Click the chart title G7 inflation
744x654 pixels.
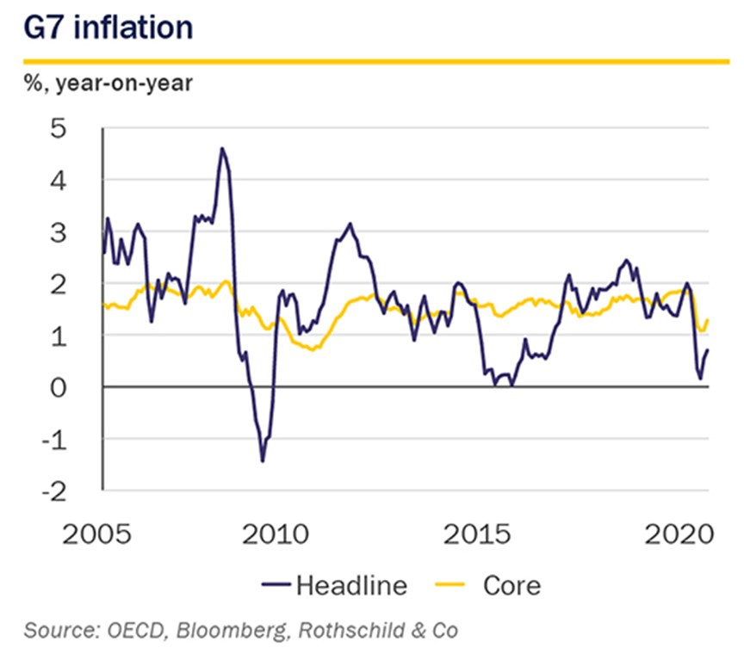[108, 28]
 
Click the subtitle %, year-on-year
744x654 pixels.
[108, 84]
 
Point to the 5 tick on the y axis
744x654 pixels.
[59, 128]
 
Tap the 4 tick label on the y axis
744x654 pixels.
[59, 181]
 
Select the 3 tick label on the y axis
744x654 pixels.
[59, 233]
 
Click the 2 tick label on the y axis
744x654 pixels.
[59, 285]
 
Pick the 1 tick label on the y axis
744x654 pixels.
[59, 337]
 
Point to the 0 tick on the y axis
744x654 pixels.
[59, 388]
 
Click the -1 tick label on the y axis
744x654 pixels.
[54, 441]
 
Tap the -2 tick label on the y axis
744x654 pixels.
[54, 493]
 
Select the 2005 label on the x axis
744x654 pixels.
[96, 534]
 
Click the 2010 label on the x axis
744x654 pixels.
[276, 534]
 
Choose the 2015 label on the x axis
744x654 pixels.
[477, 534]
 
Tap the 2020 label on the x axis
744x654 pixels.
[679, 534]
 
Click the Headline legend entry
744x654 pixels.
[334, 585]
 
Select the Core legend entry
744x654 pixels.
[487, 585]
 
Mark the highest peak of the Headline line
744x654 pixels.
[221, 149]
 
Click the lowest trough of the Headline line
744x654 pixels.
[263, 461]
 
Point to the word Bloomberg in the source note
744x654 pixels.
[232, 631]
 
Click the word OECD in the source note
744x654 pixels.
[137, 630]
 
